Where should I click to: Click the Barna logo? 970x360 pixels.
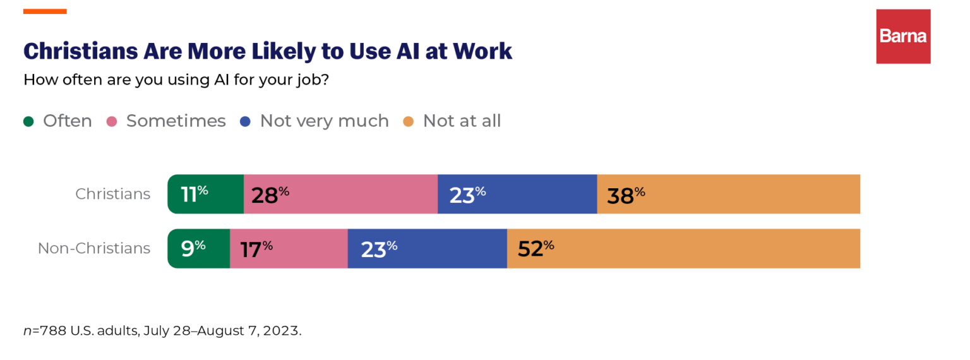[x=903, y=36]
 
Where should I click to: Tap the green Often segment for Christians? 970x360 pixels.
[x=206, y=195]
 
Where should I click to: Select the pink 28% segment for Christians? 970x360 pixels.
[x=340, y=195]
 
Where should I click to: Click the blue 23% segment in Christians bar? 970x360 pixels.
[x=517, y=195]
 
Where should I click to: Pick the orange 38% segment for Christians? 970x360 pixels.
[x=728, y=195]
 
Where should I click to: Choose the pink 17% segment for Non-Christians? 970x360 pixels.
[x=289, y=249]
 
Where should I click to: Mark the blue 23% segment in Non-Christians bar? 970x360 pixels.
[x=428, y=249]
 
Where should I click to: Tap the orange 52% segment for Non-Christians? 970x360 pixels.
[x=683, y=249]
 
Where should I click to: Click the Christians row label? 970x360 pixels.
[x=113, y=194]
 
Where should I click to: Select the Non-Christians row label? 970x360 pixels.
[x=94, y=248]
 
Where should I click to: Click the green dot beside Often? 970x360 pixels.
[x=28, y=121]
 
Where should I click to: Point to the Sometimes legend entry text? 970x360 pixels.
[x=176, y=121]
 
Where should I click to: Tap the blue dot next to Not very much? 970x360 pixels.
[x=246, y=121]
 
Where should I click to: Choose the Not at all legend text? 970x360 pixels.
[x=462, y=121]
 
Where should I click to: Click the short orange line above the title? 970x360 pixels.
[x=45, y=11]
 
